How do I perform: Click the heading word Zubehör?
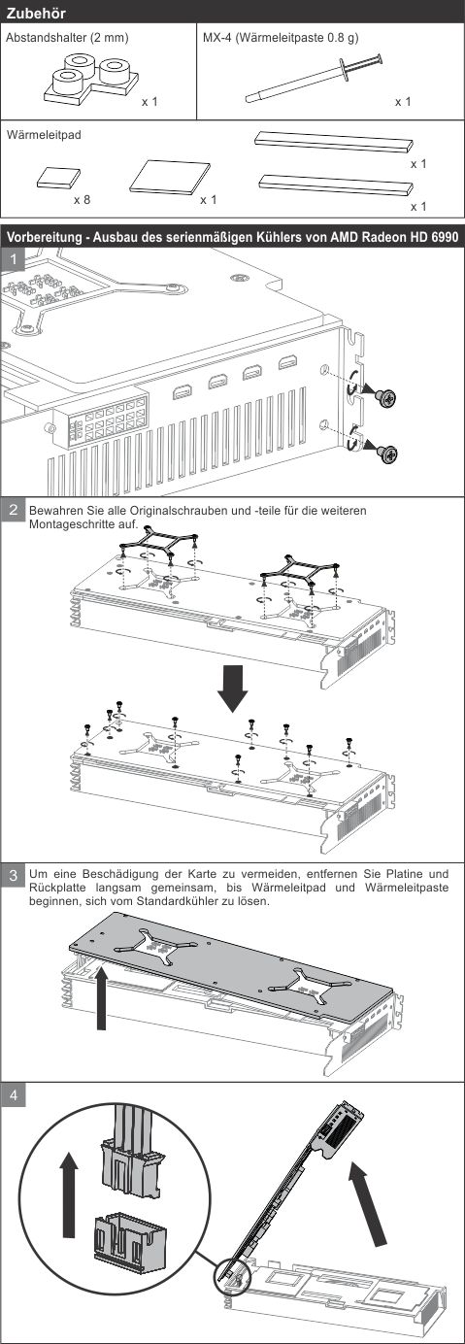36,13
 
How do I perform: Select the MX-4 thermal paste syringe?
314,79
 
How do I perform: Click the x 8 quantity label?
83,200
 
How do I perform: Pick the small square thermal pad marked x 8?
58,178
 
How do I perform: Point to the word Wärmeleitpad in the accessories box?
44,135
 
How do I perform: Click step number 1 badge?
14,260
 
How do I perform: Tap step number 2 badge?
14,511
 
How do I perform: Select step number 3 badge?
14,875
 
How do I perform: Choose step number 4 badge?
14,1095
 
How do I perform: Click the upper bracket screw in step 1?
385,396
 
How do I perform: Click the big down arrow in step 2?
232,688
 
